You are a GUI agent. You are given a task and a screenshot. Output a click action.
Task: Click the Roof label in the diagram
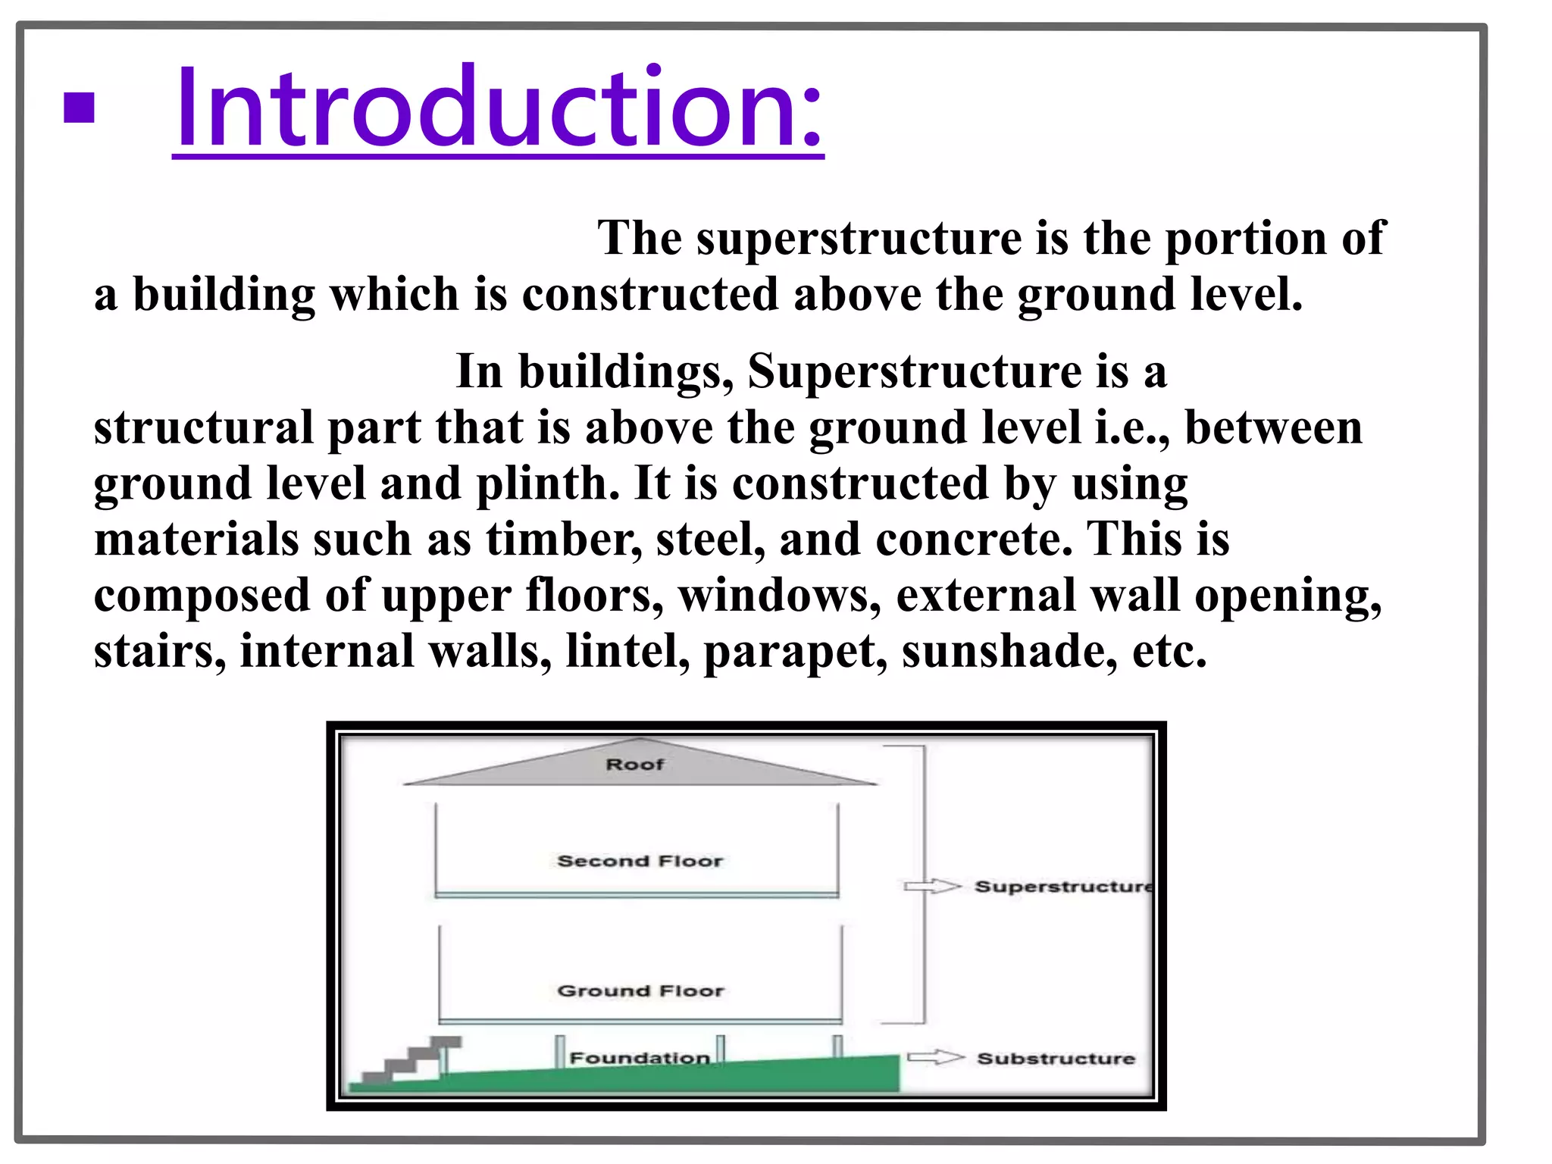tap(634, 765)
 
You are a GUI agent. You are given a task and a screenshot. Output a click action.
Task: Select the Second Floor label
tap(640, 861)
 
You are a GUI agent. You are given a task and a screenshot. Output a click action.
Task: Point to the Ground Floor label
tap(641, 990)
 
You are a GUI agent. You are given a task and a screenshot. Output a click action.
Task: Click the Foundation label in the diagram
tap(640, 1058)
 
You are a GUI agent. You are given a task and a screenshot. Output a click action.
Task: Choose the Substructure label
tap(1056, 1059)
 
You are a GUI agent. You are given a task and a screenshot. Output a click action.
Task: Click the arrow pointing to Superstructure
tap(933, 886)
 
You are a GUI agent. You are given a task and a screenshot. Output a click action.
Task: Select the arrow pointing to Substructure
tap(936, 1058)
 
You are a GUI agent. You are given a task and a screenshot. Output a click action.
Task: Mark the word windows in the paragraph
tap(779, 596)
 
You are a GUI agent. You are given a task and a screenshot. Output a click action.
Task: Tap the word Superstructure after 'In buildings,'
tap(914, 372)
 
